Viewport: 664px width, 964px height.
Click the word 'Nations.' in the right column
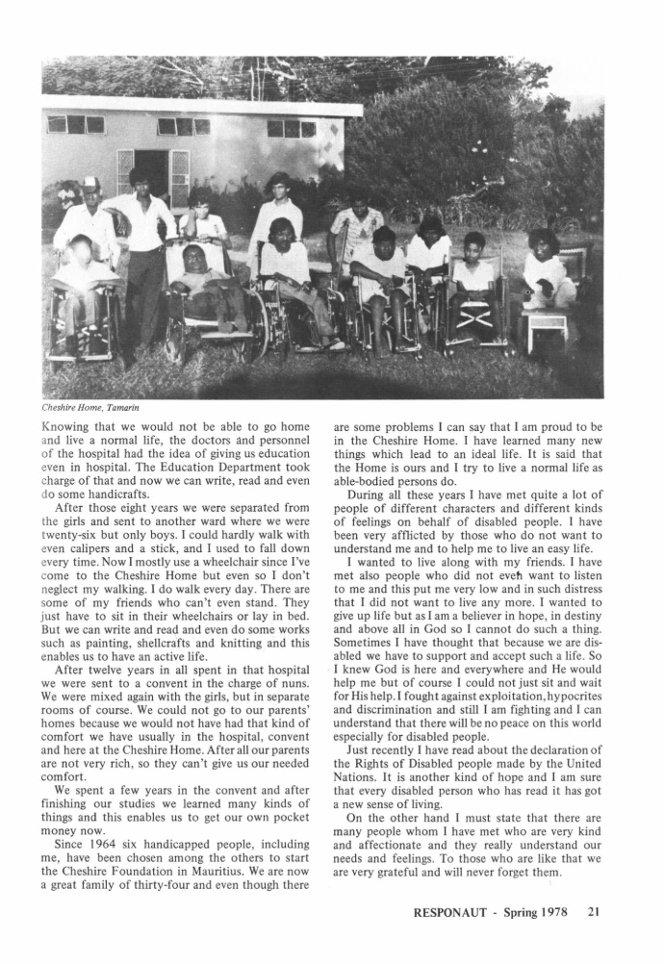point(357,771)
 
